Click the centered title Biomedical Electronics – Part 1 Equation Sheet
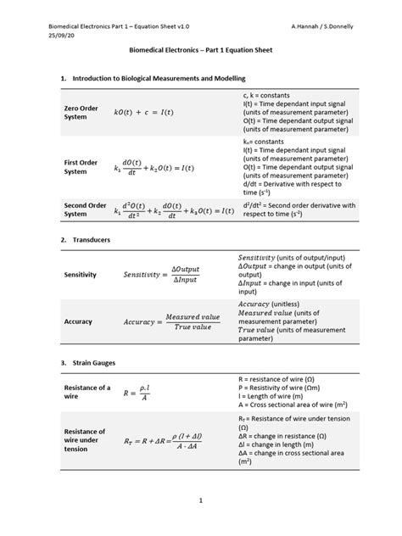tap(200, 51)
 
